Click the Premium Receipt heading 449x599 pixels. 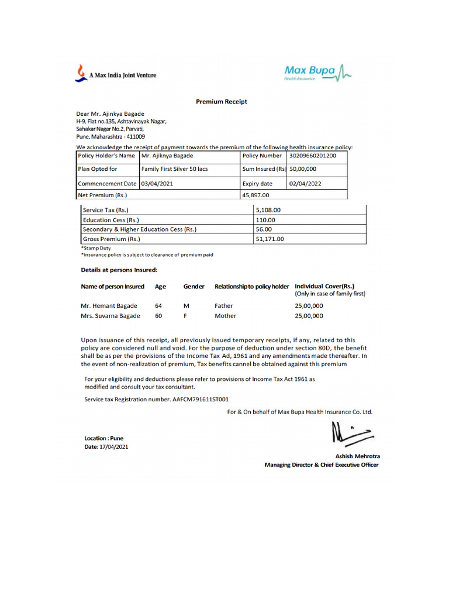[221, 101]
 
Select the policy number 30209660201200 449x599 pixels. [313, 156]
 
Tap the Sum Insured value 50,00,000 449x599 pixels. [303, 169]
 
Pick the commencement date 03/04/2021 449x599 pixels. [157, 183]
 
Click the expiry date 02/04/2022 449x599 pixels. [305, 183]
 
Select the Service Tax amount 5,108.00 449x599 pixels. [268, 209]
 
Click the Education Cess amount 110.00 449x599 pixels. [265, 219]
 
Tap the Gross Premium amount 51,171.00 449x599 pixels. [270, 239]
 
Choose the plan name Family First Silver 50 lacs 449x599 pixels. [175, 169]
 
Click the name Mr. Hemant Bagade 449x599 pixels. [109, 305]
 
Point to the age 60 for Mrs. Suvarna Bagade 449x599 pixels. [158, 316]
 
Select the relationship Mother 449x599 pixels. [226, 316]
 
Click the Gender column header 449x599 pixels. [194, 287]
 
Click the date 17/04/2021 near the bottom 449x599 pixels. [114, 447]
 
